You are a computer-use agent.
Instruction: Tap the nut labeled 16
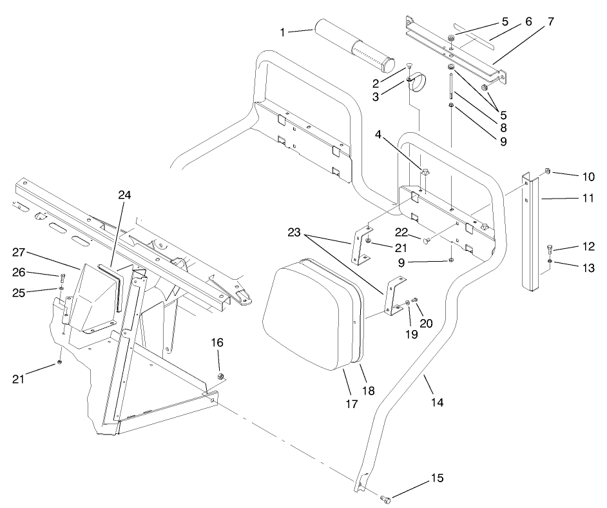(220, 376)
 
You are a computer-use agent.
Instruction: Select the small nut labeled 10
(546, 171)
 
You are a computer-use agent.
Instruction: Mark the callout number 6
(528, 21)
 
